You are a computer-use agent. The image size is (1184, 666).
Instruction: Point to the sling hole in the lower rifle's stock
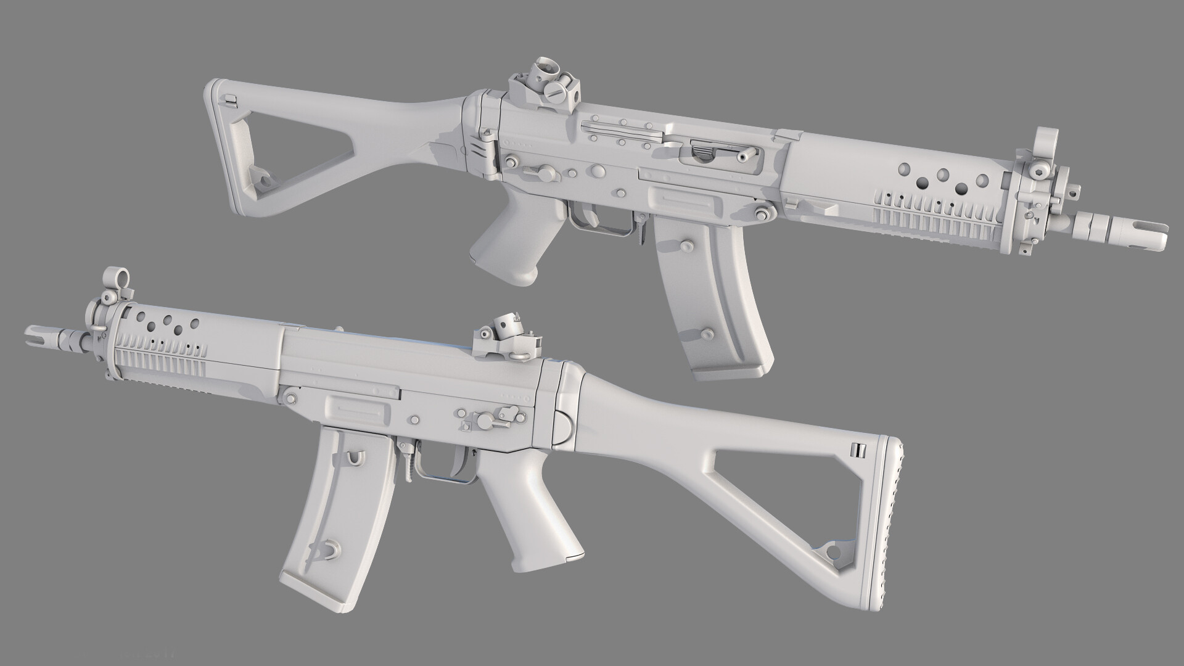[834, 551]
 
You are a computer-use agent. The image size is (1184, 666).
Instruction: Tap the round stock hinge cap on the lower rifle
[565, 425]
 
